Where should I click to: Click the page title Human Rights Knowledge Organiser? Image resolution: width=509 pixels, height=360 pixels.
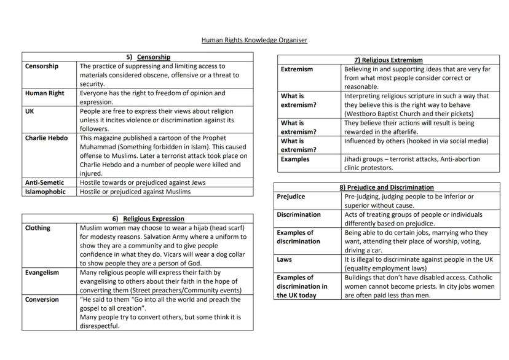[254, 41]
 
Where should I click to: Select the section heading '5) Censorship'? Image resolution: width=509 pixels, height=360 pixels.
[148, 57]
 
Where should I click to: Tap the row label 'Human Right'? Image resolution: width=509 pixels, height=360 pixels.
[44, 93]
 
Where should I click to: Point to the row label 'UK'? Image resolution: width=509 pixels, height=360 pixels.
[30, 111]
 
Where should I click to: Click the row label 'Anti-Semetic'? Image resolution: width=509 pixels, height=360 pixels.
[44, 182]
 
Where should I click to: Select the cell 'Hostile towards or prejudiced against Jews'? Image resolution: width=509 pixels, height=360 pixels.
[143, 182]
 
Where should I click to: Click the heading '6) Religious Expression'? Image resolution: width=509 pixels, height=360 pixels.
[148, 219]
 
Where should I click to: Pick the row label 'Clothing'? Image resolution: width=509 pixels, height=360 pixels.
[37, 227]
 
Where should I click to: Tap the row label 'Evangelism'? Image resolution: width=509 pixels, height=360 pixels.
[42, 272]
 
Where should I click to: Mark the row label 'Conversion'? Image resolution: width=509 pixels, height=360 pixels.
[42, 299]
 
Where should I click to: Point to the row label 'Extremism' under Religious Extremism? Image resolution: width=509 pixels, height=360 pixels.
[296, 69]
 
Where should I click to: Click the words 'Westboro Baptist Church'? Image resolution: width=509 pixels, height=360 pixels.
[380, 114]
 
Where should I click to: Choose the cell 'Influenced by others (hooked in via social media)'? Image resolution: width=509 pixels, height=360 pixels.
[416, 141]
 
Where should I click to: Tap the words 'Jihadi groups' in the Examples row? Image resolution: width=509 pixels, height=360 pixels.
[364, 158]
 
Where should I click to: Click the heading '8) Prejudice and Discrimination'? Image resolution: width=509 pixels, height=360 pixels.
[387, 187]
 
